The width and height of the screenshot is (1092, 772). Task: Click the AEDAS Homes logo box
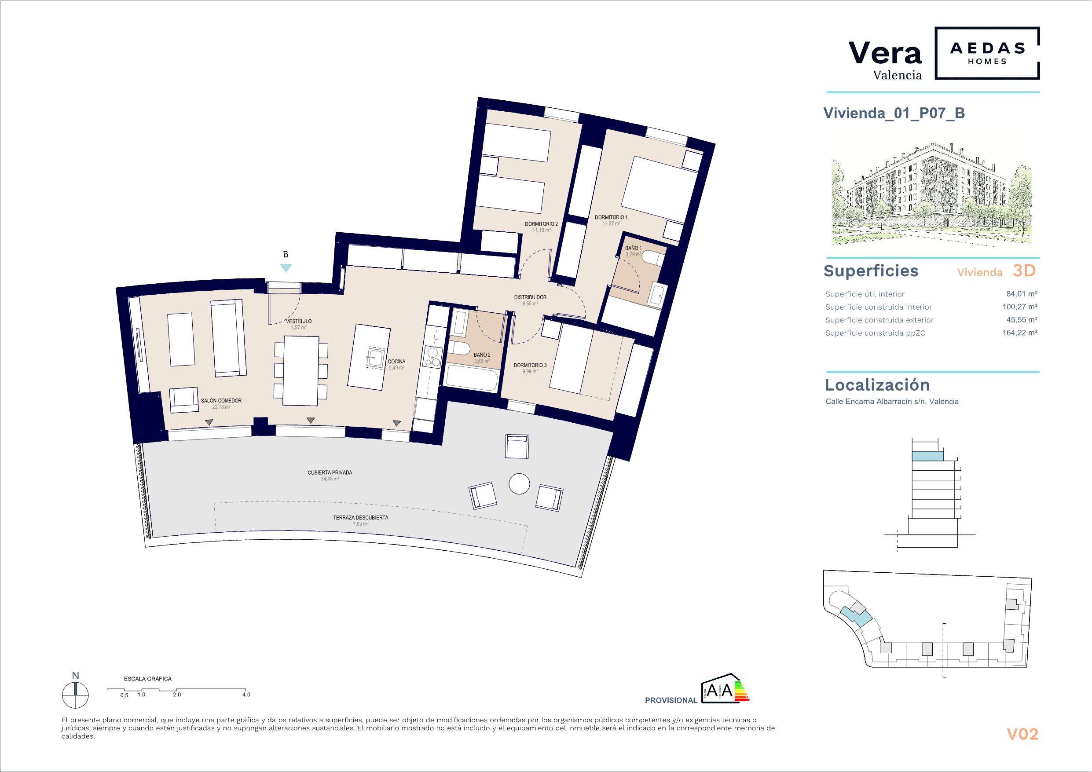pyautogui.click(x=978, y=53)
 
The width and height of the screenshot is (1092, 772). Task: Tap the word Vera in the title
pyautogui.click(x=885, y=53)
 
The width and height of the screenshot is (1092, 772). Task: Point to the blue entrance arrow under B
pyautogui.click(x=286, y=268)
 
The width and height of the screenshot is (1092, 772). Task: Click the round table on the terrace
pyautogui.click(x=519, y=484)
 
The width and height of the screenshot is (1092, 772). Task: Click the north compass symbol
pyautogui.click(x=75, y=695)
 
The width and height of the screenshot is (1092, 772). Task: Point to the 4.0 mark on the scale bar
pyautogui.click(x=246, y=695)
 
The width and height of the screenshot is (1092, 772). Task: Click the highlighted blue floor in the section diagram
pyautogui.click(x=927, y=456)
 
